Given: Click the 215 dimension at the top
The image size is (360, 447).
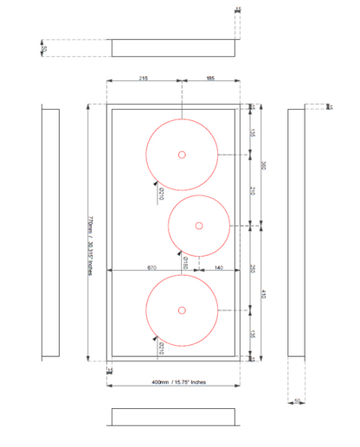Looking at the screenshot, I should (x=143, y=79).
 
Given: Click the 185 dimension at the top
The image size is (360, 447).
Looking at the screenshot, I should (x=210, y=79).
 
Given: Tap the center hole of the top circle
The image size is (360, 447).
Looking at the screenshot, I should (x=182, y=155).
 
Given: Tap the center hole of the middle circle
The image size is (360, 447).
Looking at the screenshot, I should (x=199, y=226).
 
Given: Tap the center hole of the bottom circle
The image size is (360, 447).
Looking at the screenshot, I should (x=182, y=310).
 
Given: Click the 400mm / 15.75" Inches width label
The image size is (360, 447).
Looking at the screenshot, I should (x=177, y=381).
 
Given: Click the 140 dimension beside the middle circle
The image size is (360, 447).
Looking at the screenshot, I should (x=218, y=269).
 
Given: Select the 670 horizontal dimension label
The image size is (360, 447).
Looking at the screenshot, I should (x=151, y=269).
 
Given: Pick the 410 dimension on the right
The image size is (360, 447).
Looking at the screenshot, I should (x=265, y=294).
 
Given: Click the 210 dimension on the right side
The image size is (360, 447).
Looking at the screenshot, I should (x=253, y=190).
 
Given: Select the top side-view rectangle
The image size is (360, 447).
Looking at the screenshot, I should (x=175, y=48).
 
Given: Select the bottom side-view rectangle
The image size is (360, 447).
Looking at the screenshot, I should (x=175, y=417).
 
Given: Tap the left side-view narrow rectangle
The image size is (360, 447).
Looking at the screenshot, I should (x=50, y=233).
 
